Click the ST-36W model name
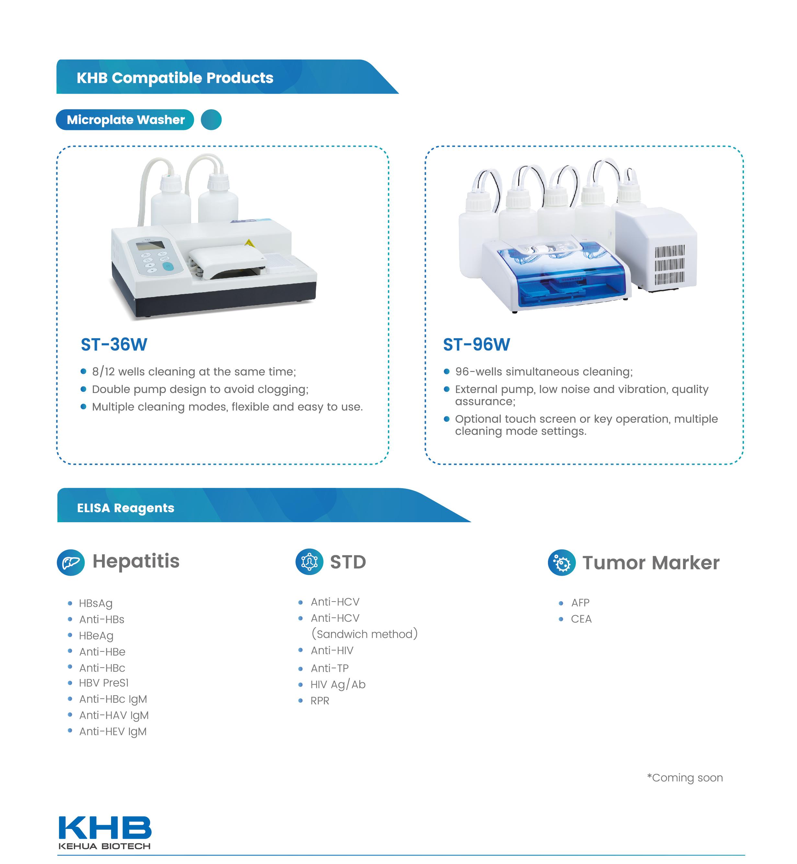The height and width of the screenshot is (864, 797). coord(114,345)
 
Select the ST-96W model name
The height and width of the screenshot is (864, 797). coord(477,345)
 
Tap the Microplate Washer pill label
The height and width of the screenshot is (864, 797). coord(125,120)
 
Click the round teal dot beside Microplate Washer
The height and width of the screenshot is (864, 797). coord(211,120)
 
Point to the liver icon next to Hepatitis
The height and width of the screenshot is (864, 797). coord(71,562)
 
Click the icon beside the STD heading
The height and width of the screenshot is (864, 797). coord(309,562)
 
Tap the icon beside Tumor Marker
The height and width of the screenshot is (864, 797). coord(562,563)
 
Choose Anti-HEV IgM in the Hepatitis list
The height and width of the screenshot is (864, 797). coord(113,732)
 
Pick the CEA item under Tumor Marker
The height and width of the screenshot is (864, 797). coord(581,619)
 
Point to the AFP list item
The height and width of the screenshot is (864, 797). coord(580,603)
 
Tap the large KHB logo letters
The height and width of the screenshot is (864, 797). coord(105,827)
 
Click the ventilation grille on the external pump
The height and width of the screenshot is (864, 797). coord(669,265)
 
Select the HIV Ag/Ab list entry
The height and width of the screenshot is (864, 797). coord(338,685)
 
